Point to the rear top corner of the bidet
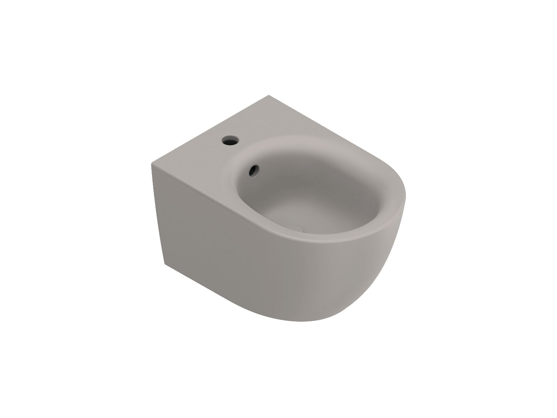pyautogui.click(x=269, y=95)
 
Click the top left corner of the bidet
pyautogui.click(x=152, y=164)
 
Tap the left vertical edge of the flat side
pyautogui.click(x=158, y=213)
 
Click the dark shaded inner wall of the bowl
pyautogui.click(x=284, y=185)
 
